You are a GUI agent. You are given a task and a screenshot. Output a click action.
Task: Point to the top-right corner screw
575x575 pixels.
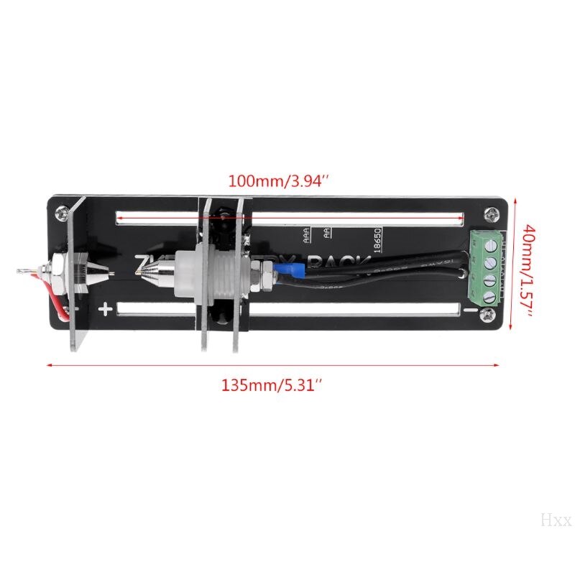coord(491,213)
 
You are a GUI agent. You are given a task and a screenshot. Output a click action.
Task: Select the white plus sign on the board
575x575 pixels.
coord(106,310)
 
